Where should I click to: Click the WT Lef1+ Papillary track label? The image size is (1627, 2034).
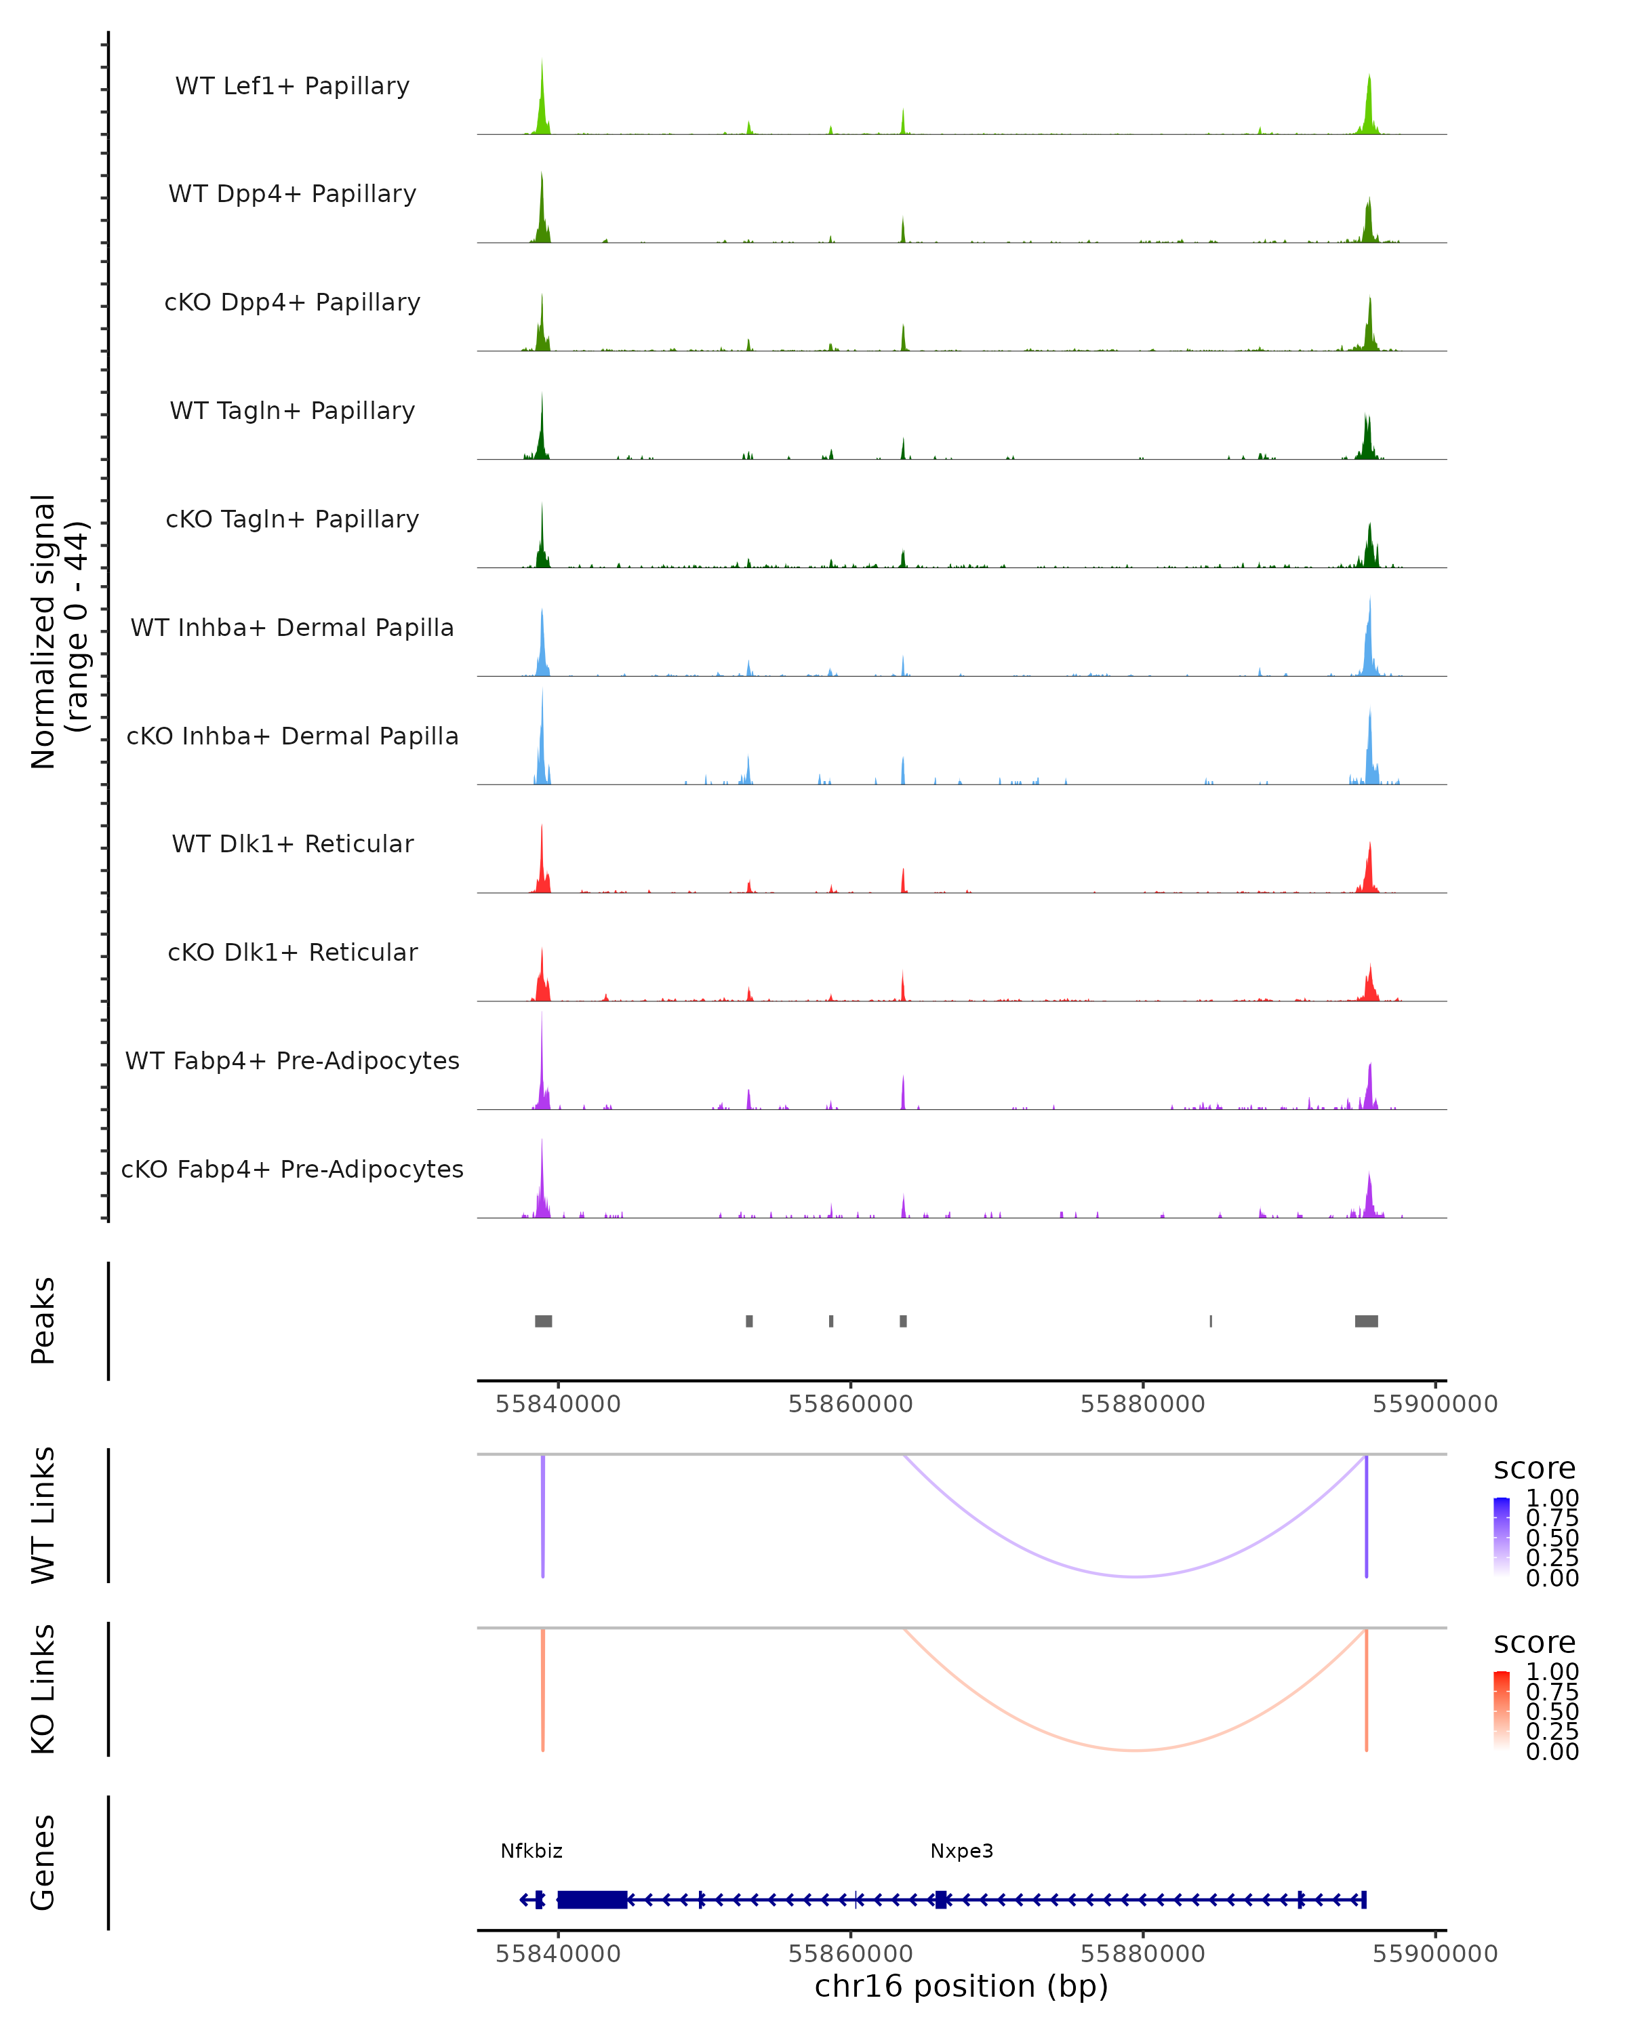click(292, 86)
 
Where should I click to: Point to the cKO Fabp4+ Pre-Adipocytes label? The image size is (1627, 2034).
click(292, 1169)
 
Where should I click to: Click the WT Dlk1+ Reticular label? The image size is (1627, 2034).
click(292, 843)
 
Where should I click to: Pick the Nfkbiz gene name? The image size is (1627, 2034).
click(531, 1851)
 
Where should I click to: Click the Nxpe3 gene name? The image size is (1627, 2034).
click(961, 1851)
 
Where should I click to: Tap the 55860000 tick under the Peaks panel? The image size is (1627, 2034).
click(850, 1404)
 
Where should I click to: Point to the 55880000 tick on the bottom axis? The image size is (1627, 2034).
click(1142, 1953)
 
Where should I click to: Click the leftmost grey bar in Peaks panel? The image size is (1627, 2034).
click(543, 1321)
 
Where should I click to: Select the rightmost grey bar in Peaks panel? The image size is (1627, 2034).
click(1366, 1321)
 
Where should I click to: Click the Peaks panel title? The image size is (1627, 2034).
click(43, 1321)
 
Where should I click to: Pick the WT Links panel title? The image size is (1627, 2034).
click(43, 1515)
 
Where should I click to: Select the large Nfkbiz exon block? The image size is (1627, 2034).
click(592, 1899)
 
